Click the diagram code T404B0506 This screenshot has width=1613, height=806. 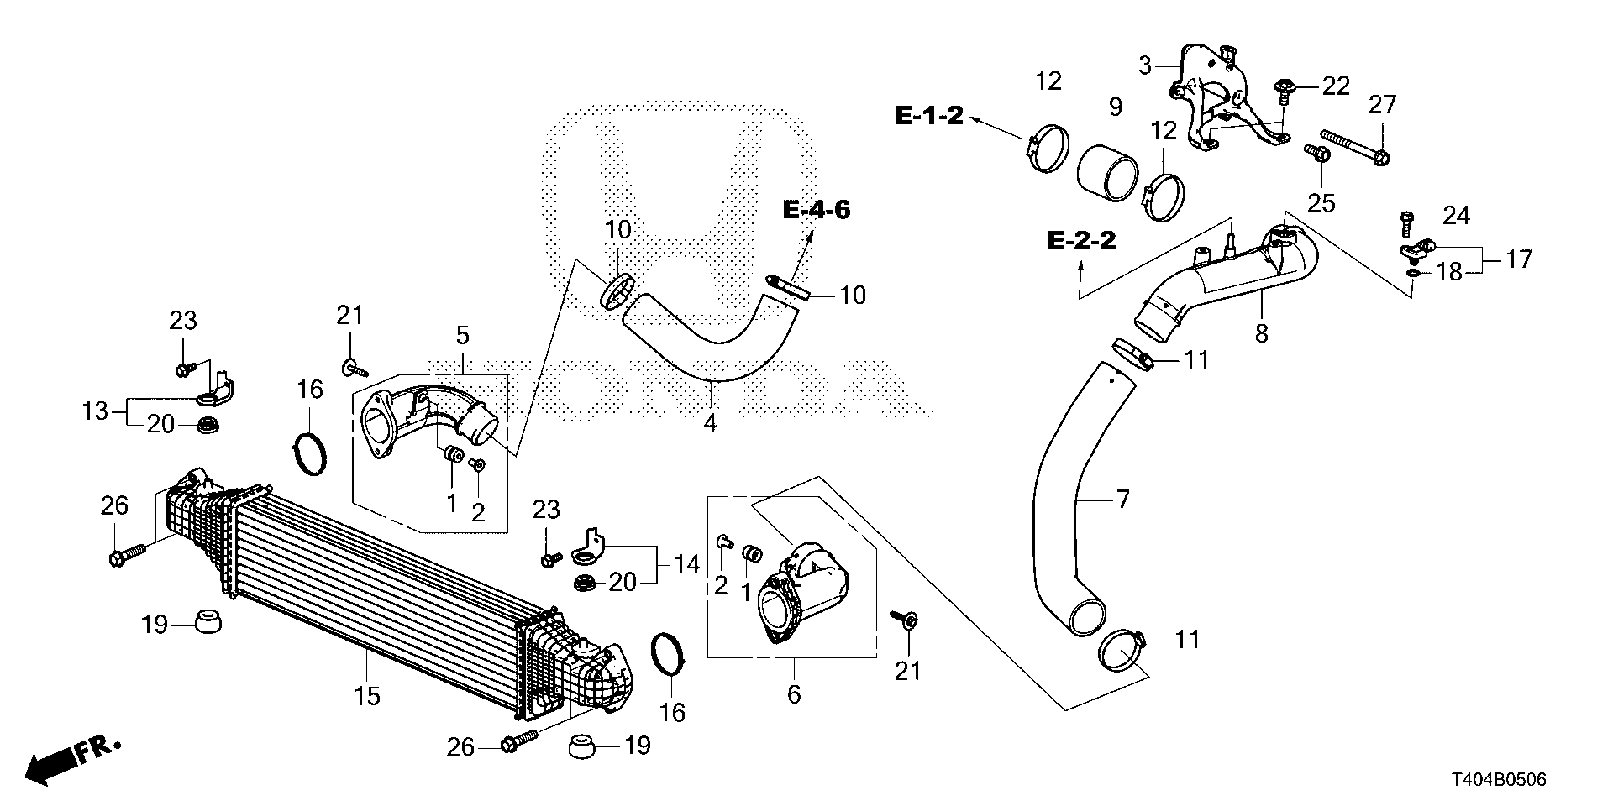(x=1495, y=780)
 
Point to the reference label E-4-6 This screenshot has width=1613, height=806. (x=817, y=209)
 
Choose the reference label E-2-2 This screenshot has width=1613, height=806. (x=1082, y=241)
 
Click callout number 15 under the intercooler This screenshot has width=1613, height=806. (x=368, y=695)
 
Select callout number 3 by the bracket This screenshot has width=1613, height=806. (x=1144, y=65)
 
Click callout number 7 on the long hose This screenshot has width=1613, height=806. (x=1122, y=500)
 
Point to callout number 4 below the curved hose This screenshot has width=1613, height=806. (x=710, y=423)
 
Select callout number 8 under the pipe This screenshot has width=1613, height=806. (x=1261, y=333)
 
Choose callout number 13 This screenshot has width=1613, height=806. (x=96, y=411)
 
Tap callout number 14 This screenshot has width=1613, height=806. (x=686, y=564)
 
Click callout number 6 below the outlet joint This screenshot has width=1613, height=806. (x=794, y=694)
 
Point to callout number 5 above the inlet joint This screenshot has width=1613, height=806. (x=462, y=336)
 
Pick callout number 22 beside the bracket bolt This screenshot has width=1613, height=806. (x=1336, y=86)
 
